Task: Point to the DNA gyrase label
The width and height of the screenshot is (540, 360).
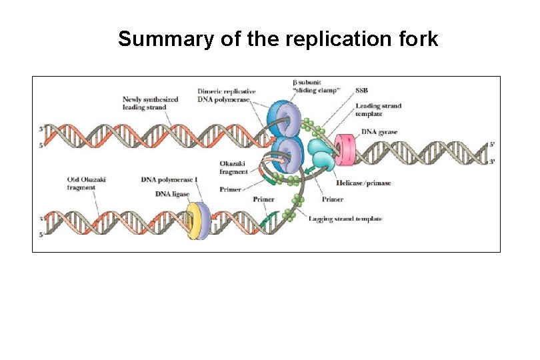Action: point(378,132)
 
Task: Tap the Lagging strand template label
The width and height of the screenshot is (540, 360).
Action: point(345,219)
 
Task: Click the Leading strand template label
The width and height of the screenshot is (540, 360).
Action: point(378,110)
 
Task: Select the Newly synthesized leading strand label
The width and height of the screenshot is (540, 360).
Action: point(150,103)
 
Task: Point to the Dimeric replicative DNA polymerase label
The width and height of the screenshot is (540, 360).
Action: point(227,95)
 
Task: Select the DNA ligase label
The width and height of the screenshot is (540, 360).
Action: point(172,194)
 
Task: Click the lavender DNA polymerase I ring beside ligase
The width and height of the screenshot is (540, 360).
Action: point(205,221)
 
